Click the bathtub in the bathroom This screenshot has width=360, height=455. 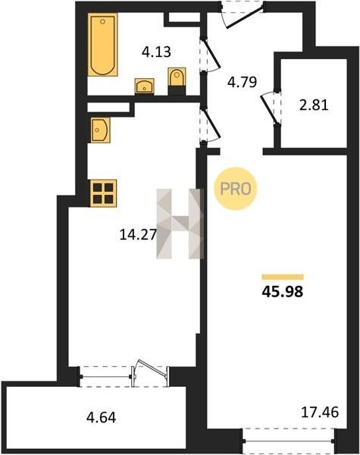(102, 45)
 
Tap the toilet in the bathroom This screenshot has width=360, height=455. (177, 77)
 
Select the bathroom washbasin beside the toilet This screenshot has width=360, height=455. (145, 86)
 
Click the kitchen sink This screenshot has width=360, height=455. (100, 130)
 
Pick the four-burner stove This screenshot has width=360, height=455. (104, 193)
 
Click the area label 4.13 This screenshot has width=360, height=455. (156, 52)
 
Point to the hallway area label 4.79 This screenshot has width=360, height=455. (243, 82)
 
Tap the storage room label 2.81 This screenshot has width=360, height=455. (315, 105)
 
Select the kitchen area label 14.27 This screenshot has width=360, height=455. (138, 234)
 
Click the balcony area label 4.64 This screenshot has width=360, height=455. (102, 418)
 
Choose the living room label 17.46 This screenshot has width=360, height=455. (320, 412)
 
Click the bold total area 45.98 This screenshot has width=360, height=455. (283, 292)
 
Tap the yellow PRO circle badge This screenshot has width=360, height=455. (236, 189)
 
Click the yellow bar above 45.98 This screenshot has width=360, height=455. (283, 277)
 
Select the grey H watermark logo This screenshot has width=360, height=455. (180, 224)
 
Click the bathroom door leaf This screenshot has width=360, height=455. (211, 55)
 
